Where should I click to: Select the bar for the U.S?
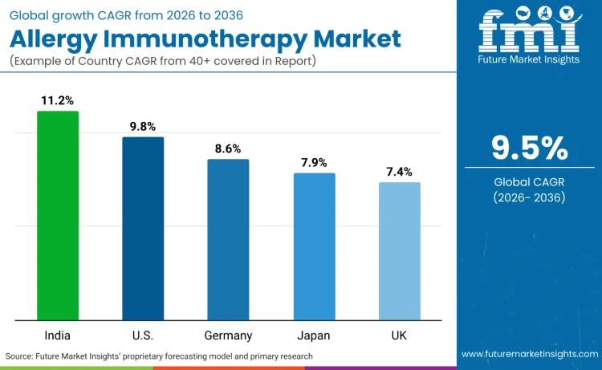[143, 228]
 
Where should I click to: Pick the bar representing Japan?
[314, 246]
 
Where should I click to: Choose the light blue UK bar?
[399, 250]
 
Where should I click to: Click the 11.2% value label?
[58, 100]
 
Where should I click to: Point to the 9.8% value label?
[143, 126]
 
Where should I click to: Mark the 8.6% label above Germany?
[228, 148]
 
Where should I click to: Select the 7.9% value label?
[314, 162]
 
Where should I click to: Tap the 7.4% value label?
[399, 172]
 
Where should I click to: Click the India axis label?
[58, 335]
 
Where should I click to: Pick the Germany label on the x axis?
[228, 335]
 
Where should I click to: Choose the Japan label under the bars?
[314, 335]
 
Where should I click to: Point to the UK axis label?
[399, 335]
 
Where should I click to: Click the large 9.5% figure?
[529, 148]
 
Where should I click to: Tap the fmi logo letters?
[528, 32]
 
